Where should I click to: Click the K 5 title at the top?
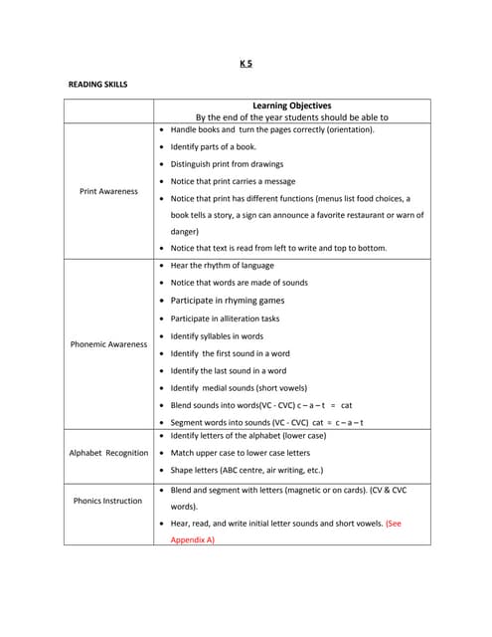pyautogui.click(x=246, y=64)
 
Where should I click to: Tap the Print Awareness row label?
pyautogui.click(x=108, y=191)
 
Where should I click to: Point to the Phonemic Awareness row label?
pyautogui.click(x=108, y=344)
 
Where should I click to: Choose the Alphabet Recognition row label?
pyautogui.click(x=108, y=453)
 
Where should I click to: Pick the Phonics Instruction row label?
pyautogui.click(x=108, y=501)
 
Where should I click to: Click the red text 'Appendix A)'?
pyautogui.click(x=192, y=539)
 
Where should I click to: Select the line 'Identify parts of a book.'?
pyautogui.click(x=213, y=147)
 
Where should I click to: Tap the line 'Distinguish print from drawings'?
pyautogui.click(x=227, y=164)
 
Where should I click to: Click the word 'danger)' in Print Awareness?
pyautogui.click(x=185, y=232)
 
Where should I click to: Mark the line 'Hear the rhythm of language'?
pyautogui.click(x=223, y=266)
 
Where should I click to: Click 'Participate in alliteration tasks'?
pyautogui.click(x=225, y=318)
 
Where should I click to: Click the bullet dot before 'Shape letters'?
pyautogui.click(x=161, y=470)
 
